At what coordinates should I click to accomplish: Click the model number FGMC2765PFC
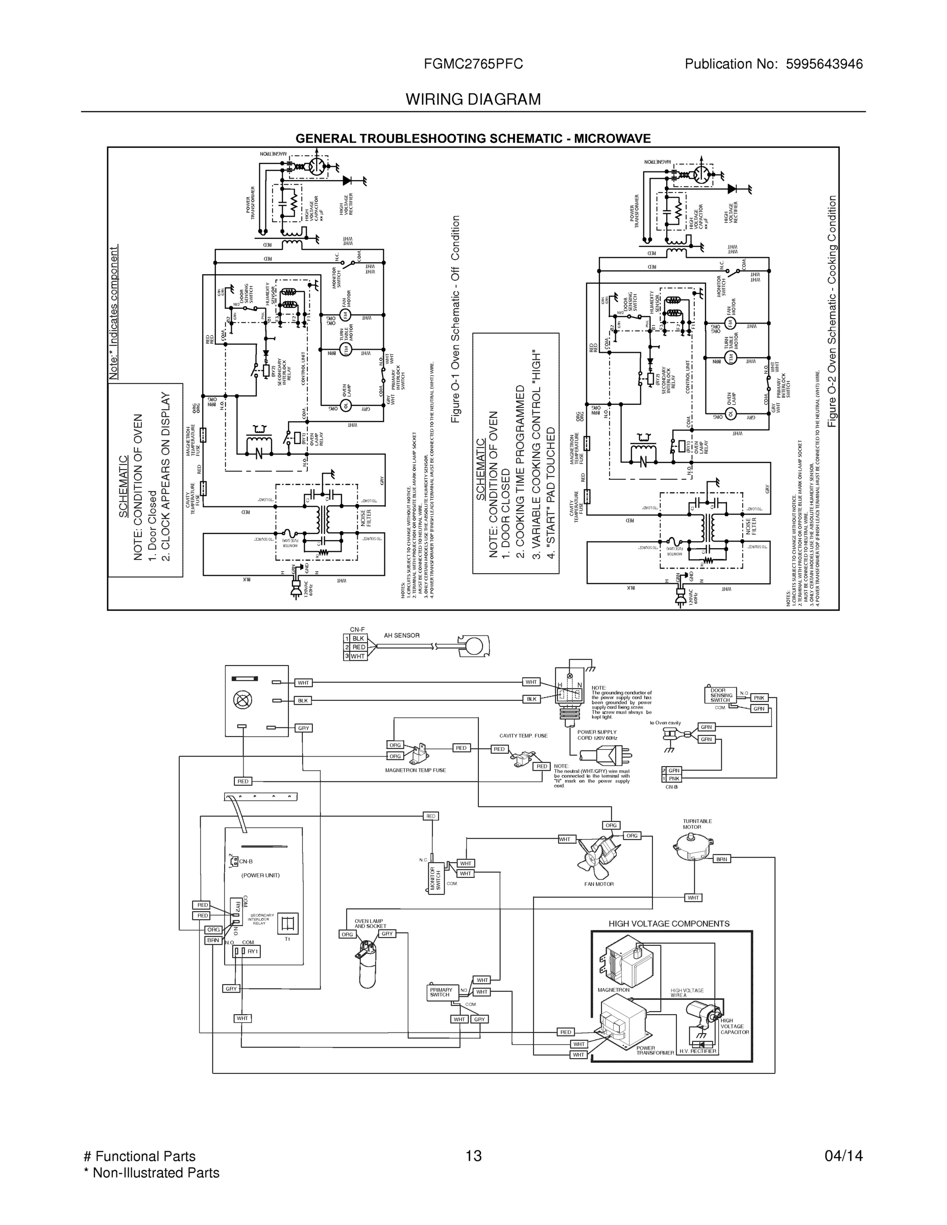coord(473,64)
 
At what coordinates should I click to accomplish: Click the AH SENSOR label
coord(401,635)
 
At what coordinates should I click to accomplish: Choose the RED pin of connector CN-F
coord(358,647)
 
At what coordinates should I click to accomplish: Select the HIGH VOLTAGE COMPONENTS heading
coord(669,924)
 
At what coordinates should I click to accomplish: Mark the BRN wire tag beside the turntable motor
coord(721,860)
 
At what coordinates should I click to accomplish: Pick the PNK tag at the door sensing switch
coord(759,698)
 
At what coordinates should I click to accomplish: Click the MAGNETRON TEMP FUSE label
coord(415,771)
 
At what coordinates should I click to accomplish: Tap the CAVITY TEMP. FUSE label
coord(523,736)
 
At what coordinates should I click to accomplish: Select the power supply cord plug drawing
coord(614,755)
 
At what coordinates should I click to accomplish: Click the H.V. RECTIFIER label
coord(697,1051)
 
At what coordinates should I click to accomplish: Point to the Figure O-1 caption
coord(455,319)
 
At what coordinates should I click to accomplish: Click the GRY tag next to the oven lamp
coord(387,934)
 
